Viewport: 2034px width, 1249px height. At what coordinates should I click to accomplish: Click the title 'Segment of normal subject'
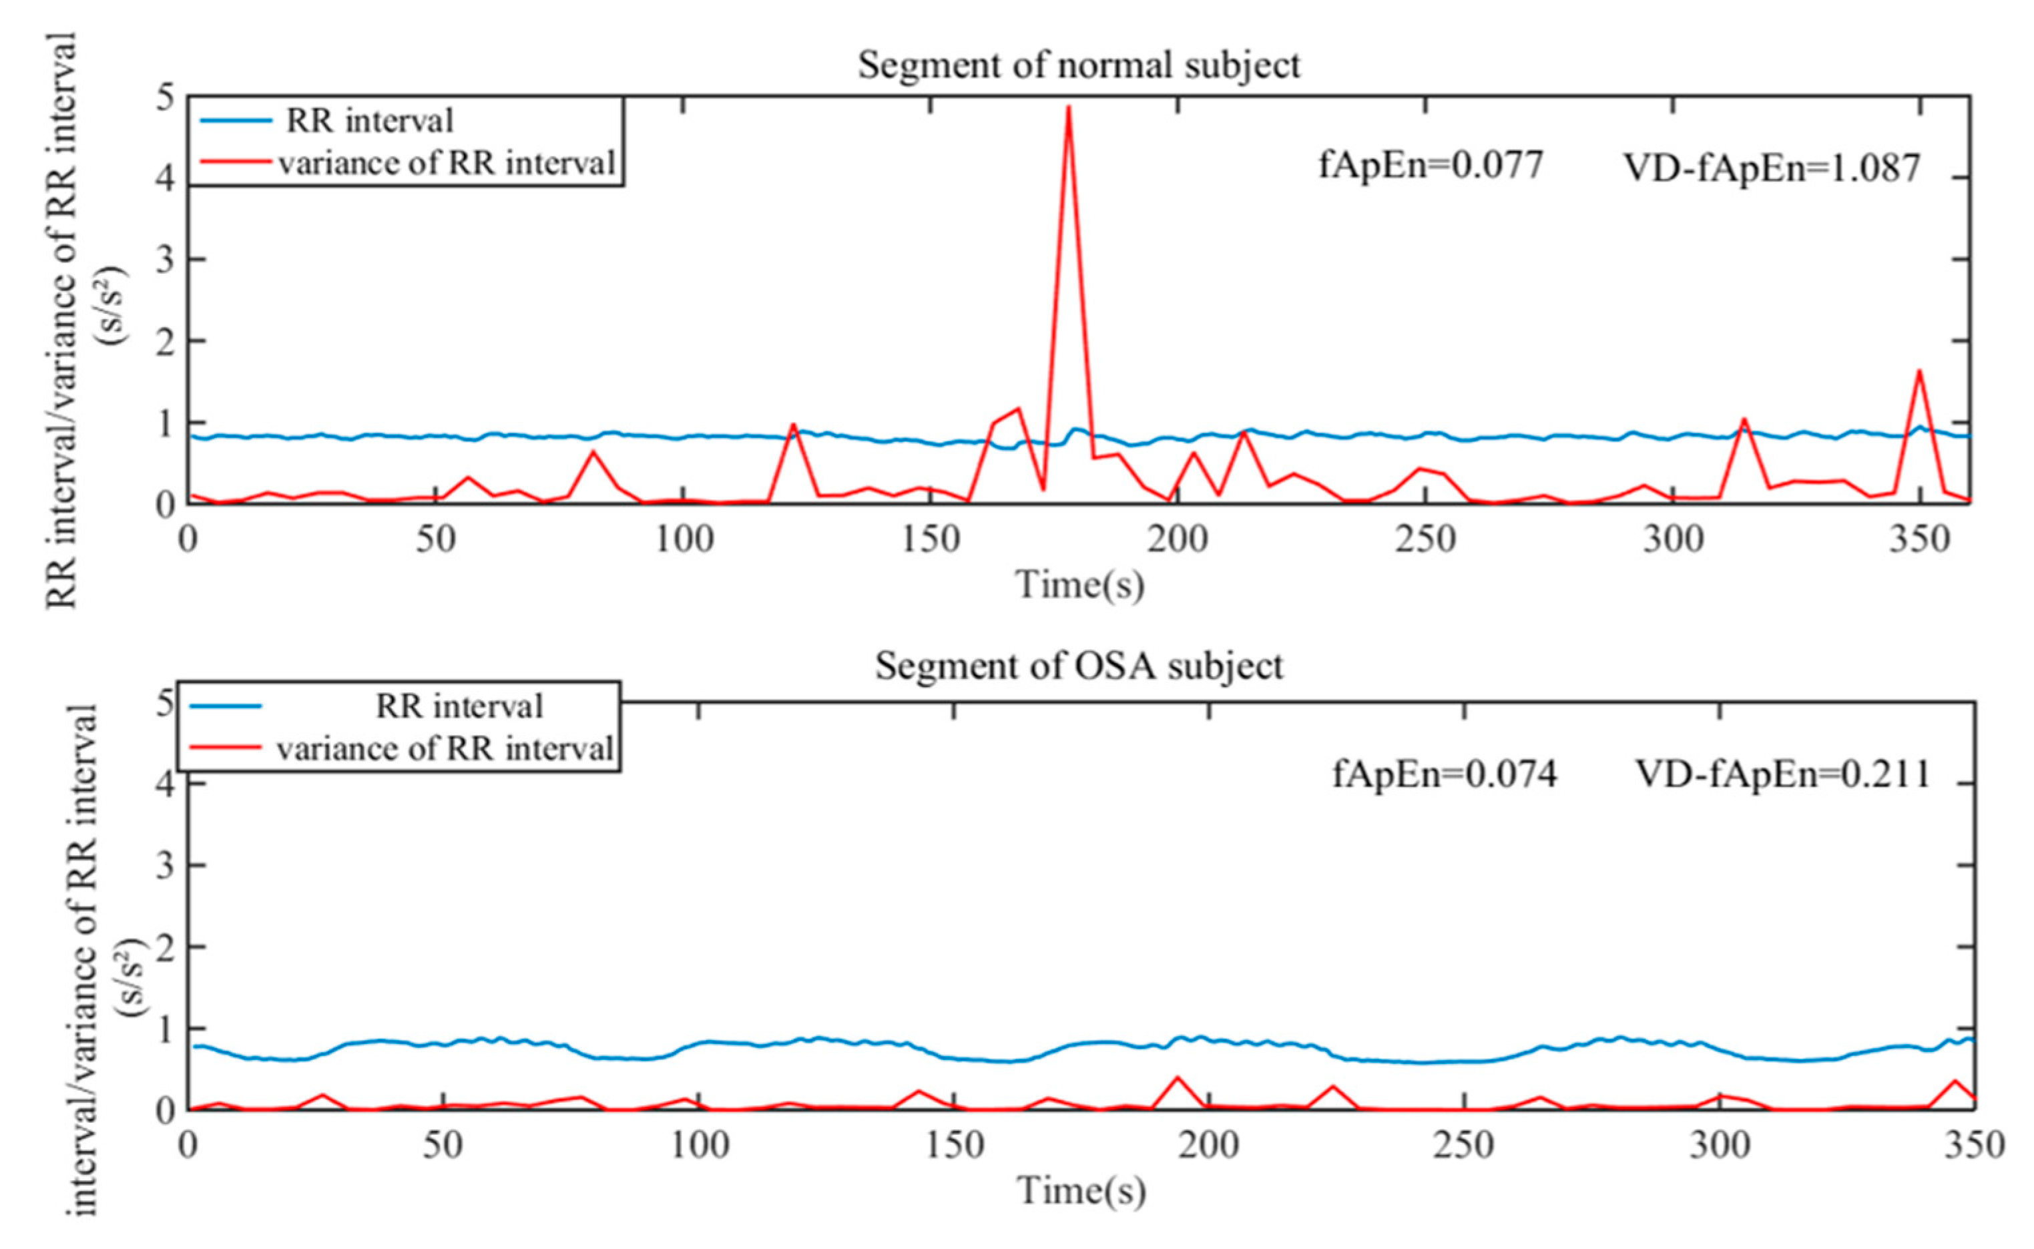coord(1079,65)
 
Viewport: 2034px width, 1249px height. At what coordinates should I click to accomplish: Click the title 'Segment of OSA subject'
coord(1079,666)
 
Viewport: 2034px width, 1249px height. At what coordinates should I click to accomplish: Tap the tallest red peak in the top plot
coord(1069,107)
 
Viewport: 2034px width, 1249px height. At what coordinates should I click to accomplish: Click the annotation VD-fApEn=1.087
coord(1772,168)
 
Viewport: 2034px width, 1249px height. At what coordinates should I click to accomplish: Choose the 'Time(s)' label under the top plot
coord(1079,585)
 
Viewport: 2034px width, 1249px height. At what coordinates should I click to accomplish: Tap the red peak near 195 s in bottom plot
coord(1177,1078)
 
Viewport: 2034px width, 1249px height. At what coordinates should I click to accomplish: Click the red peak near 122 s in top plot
coord(793,425)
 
